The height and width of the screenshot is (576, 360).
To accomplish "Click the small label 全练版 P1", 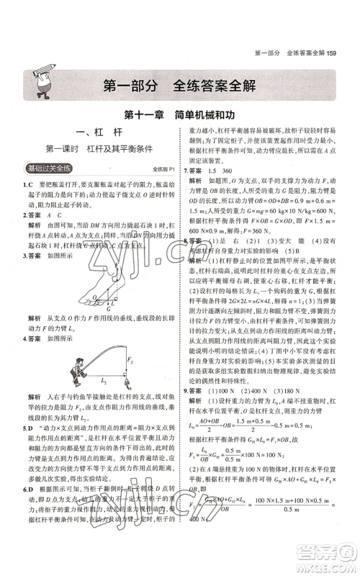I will tap(164, 169).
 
